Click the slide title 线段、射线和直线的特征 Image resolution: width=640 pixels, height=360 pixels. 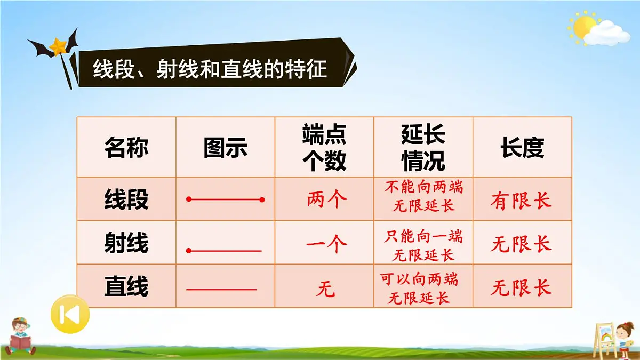pyautogui.click(x=210, y=69)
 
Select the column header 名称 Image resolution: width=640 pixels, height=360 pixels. pyautogui.click(x=126, y=148)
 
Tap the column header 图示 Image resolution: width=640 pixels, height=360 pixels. pyautogui.click(x=225, y=148)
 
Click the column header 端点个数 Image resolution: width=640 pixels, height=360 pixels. pyautogui.click(x=324, y=147)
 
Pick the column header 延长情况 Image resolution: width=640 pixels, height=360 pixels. pyautogui.click(x=423, y=147)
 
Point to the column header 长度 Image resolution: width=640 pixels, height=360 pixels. pyautogui.click(x=522, y=148)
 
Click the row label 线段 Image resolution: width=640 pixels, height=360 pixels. pyautogui.click(x=126, y=200)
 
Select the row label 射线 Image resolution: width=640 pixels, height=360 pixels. pyautogui.click(x=126, y=244)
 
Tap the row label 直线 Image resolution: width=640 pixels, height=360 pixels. pyautogui.click(x=126, y=287)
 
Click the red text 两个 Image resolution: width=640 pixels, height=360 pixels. pyautogui.click(x=326, y=200)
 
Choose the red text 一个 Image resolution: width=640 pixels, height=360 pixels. pyautogui.click(x=326, y=244)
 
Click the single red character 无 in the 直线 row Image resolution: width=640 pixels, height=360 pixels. pyautogui.click(x=325, y=290)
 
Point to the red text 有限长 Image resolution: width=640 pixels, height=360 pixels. pyautogui.click(x=521, y=201)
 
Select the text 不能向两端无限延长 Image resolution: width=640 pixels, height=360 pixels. pyautogui.click(x=423, y=196)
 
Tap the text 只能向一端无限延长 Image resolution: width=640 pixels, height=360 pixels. pyautogui.click(x=423, y=245)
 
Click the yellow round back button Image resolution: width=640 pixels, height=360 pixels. pyautogui.click(x=70, y=315)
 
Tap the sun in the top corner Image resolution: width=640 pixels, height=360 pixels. pyautogui.click(x=583, y=25)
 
